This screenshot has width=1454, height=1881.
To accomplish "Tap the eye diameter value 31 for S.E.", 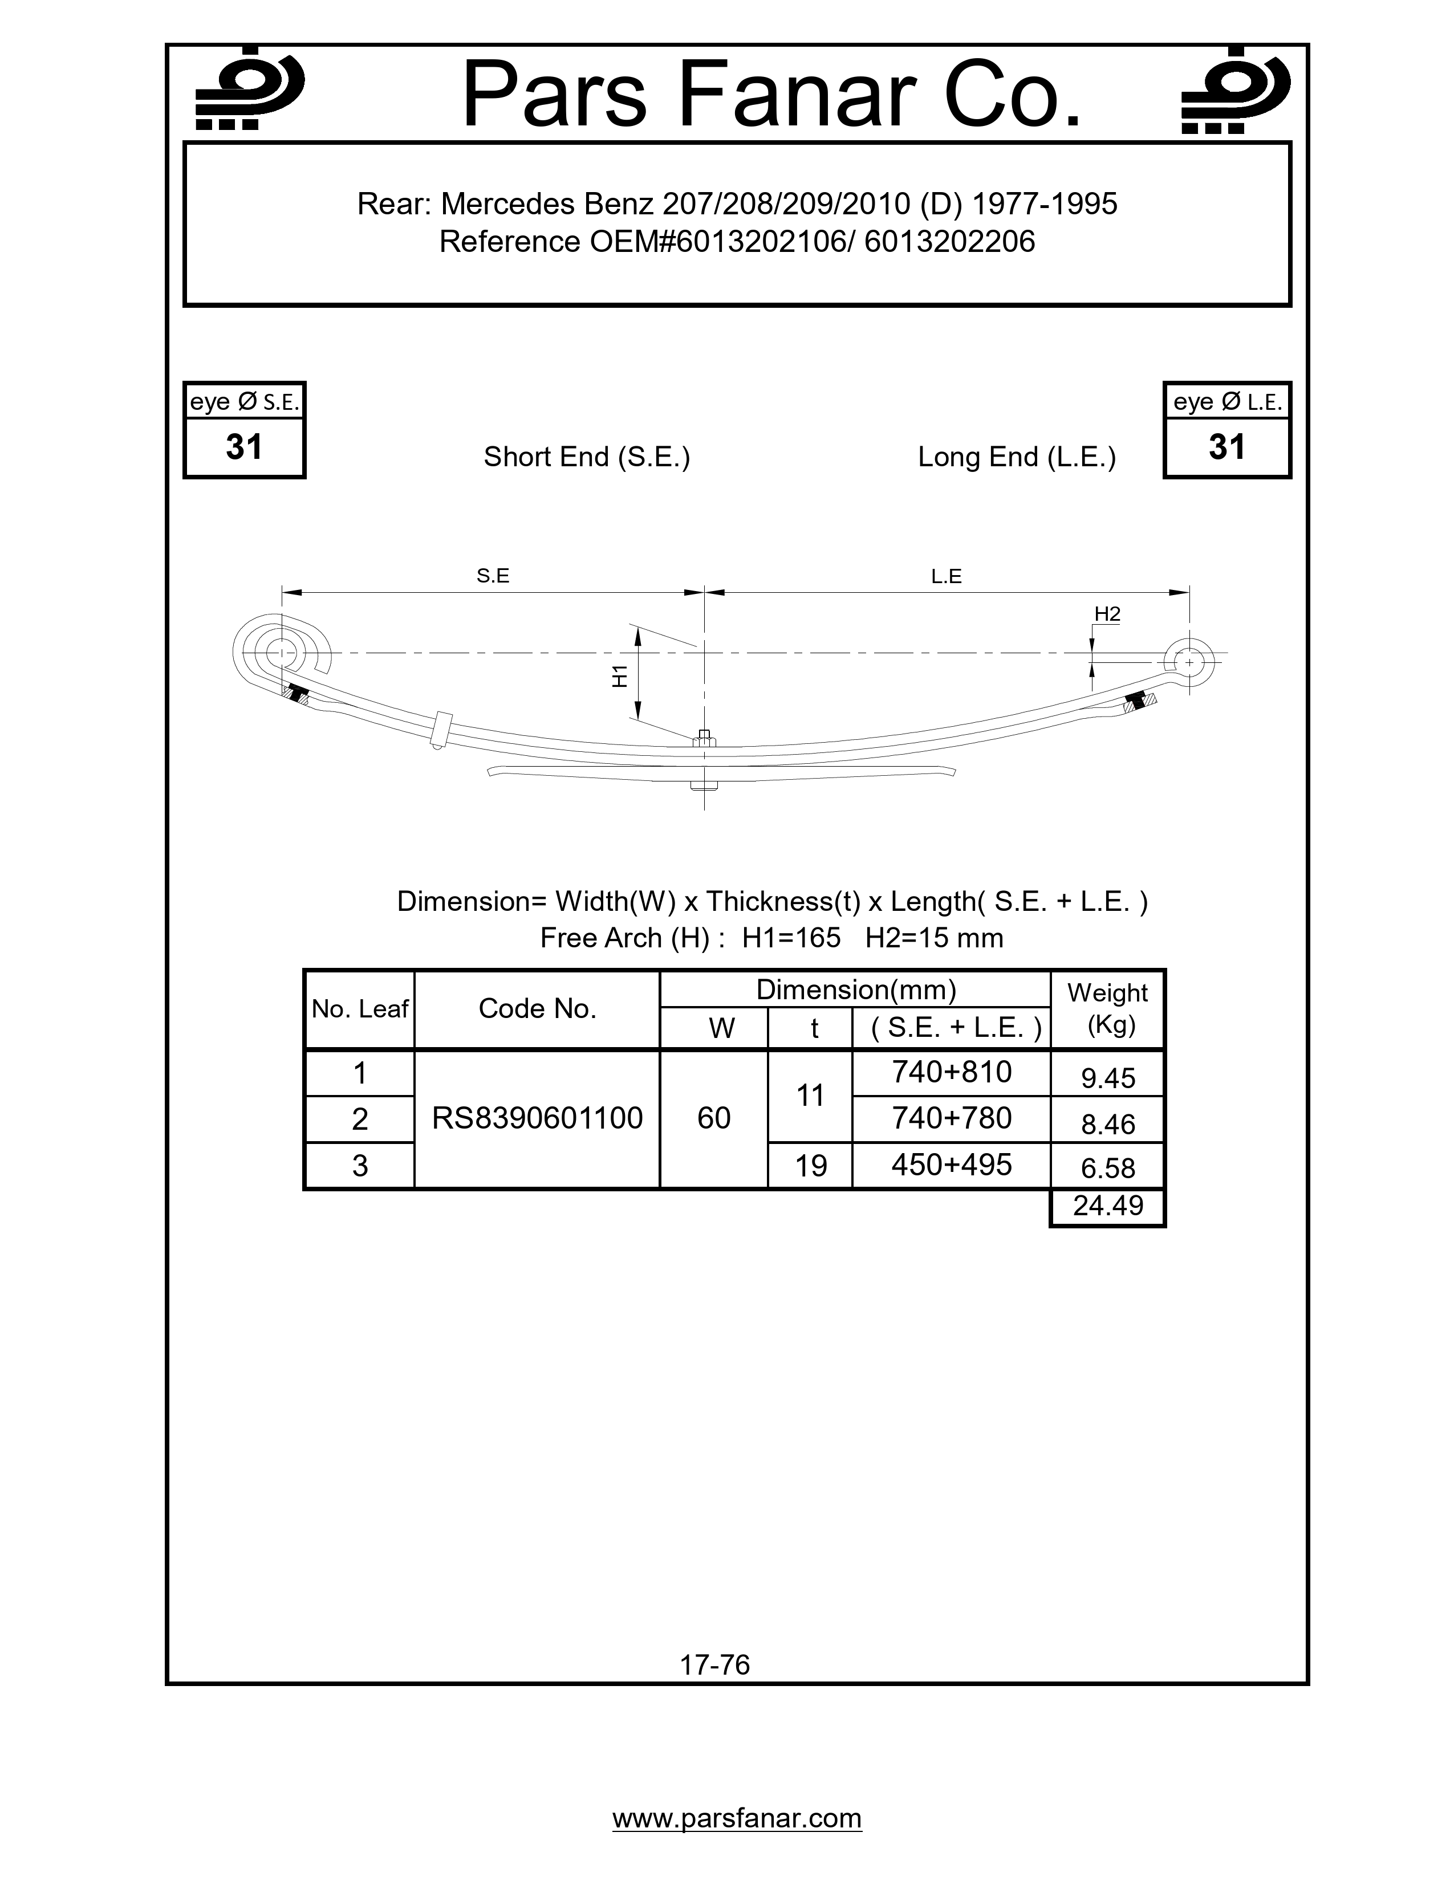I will tap(244, 447).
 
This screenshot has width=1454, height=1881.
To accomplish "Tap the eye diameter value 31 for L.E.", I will tap(1226, 447).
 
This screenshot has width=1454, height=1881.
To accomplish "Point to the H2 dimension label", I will tap(1107, 613).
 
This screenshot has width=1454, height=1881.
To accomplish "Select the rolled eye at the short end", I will tap(281, 652).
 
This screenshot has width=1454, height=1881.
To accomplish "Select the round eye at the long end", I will tap(1189, 663).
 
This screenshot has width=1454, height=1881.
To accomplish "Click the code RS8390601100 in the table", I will tap(537, 1118).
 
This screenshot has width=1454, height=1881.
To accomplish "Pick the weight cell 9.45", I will tap(1108, 1077).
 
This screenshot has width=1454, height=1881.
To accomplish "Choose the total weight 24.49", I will tap(1108, 1206).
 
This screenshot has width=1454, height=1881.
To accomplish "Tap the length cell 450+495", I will tap(951, 1165).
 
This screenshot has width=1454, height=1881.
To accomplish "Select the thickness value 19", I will tap(810, 1165).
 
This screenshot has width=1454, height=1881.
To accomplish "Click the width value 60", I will tap(713, 1118).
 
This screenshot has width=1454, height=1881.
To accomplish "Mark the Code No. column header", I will tap(537, 1008).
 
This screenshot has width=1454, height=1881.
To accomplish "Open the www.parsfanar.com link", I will tap(737, 1818).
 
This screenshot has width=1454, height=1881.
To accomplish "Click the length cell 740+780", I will tap(951, 1118).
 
